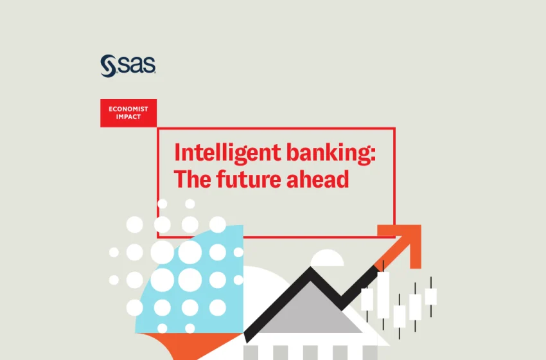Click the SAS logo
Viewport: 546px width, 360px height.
tap(128, 65)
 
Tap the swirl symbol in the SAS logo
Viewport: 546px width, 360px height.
tap(108, 66)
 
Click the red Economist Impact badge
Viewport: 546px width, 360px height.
tap(128, 113)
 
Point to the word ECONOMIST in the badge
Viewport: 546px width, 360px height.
tap(128, 109)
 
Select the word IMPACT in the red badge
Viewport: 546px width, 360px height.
tap(128, 118)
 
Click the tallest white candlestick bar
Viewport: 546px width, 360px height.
tap(383, 294)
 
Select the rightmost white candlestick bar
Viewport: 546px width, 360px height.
tap(430, 296)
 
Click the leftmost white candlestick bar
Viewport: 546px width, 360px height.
tap(367, 300)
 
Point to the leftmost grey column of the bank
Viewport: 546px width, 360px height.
tap(251, 353)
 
